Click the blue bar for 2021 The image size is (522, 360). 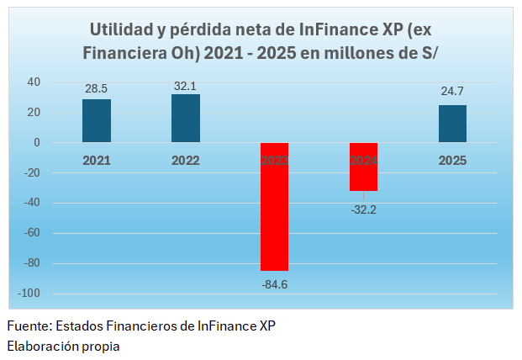pyautogui.click(x=97, y=121)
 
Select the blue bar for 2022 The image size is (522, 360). pyautogui.click(x=186, y=119)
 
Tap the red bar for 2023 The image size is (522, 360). pyautogui.click(x=274, y=207)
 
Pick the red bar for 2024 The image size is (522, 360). pyautogui.click(x=363, y=167)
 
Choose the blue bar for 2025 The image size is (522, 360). pyautogui.click(x=452, y=124)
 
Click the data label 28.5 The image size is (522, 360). pyautogui.click(x=97, y=88)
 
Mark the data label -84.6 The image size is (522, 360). pyautogui.click(x=274, y=283)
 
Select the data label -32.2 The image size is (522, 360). pyautogui.click(x=363, y=209)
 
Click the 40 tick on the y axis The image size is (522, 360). pyautogui.click(x=34, y=82)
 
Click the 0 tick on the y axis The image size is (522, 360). pyautogui.click(x=37, y=143)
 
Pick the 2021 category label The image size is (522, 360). pyautogui.click(x=97, y=160)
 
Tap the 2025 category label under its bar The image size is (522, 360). pyautogui.click(x=452, y=160)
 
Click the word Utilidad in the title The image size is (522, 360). pyautogui.click(x=122, y=29)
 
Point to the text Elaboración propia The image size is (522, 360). pyautogui.click(x=63, y=345)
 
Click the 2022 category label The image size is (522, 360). pyautogui.click(x=186, y=160)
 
